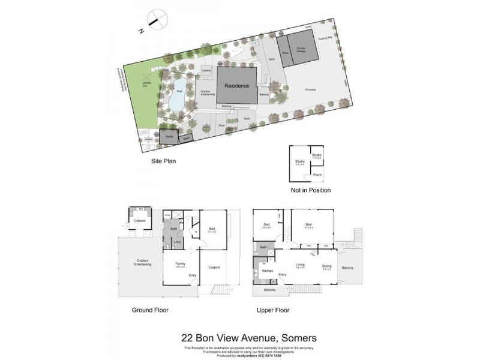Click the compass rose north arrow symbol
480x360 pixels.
[x=156, y=19]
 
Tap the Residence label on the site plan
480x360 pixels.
[x=236, y=86]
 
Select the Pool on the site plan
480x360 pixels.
[x=176, y=97]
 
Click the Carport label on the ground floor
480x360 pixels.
[x=215, y=267]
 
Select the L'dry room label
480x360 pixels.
[x=178, y=242]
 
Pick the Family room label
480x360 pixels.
[x=179, y=264]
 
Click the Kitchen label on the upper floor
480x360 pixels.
[x=268, y=271]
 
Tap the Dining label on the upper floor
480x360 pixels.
[x=326, y=266]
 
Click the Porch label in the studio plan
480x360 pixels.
[x=317, y=175]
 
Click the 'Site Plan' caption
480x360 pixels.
[x=163, y=161]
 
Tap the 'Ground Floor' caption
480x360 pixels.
[x=150, y=310]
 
